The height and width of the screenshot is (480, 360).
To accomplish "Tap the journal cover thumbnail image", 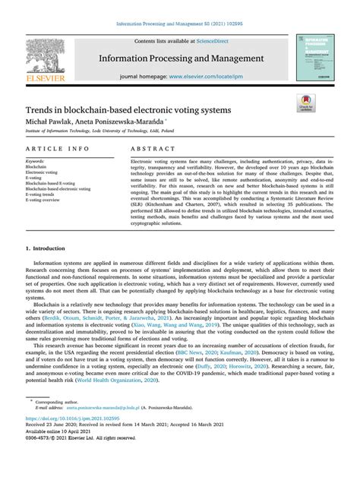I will click(317, 58).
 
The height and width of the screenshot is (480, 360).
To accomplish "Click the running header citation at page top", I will click(179, 24).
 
